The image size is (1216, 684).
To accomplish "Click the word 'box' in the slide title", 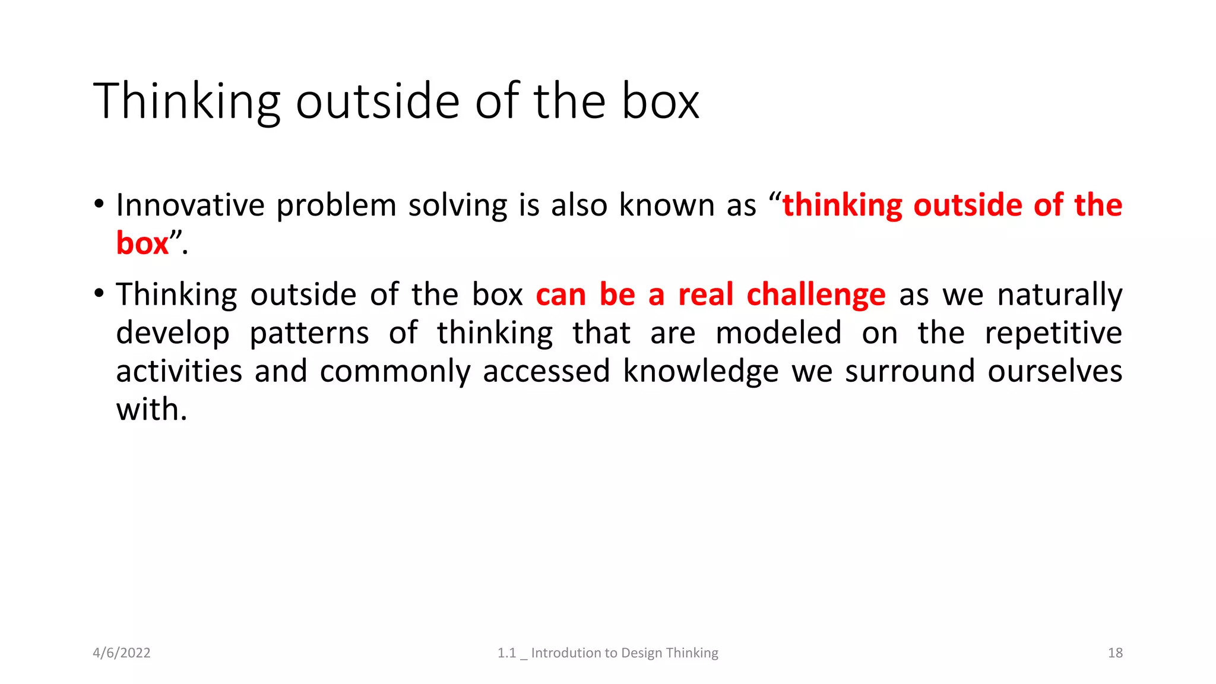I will click(660, 102).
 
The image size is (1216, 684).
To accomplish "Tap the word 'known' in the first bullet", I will click(666, 205).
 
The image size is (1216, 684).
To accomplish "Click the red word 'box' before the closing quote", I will click(142, 243).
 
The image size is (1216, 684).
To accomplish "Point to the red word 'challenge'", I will click(816, 295).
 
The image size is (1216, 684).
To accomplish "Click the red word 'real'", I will click(705, 295).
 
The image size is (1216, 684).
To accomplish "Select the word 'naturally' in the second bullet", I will click(1059, 295).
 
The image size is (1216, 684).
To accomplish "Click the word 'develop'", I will click(173, 333).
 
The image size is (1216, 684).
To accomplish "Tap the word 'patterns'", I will click(309, 333).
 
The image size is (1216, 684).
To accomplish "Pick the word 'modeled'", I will click(778, 333).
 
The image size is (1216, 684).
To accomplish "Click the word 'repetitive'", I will click(1053, 333).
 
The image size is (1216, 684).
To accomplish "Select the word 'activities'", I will click(179, 372).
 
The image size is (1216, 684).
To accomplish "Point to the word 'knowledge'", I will click(701, 372).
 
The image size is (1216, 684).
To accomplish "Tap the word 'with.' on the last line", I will click(151, 410).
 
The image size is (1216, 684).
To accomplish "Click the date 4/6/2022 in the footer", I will click(122, 653).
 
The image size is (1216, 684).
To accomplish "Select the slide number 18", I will click(1115, 653).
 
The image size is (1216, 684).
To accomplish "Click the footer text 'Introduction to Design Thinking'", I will click(624, 653).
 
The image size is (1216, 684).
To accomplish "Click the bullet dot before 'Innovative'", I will click(99, 204).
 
